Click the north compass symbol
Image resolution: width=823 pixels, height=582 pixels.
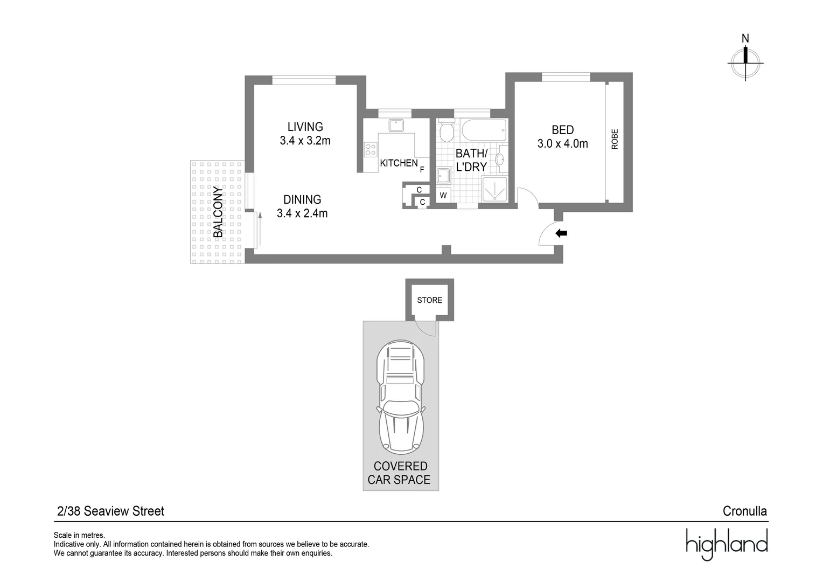(745, 62)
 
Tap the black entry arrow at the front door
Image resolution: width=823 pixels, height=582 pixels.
(561, 233)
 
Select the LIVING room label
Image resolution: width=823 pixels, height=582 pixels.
(305, 127)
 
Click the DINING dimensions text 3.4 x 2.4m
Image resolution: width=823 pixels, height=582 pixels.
(302, 213)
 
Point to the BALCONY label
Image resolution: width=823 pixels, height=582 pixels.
(218, 212)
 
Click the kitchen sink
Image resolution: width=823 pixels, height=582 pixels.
(397, 125)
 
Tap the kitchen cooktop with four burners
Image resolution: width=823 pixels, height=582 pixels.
(371, 149)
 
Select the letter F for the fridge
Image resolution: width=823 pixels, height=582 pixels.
(422, 169)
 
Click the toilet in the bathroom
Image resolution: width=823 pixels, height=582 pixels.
(446, 131)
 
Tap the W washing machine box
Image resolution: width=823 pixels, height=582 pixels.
(443, 196)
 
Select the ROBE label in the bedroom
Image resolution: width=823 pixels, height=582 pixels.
(615, 139)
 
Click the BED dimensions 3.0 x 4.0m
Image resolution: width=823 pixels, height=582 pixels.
(562, 144)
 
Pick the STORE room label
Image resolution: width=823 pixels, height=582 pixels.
(429, 300)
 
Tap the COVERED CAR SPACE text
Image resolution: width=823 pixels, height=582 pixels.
(400, 473)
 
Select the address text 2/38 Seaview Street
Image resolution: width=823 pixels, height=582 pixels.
(110, 511)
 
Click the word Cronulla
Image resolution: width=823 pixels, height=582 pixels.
(744, 511)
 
